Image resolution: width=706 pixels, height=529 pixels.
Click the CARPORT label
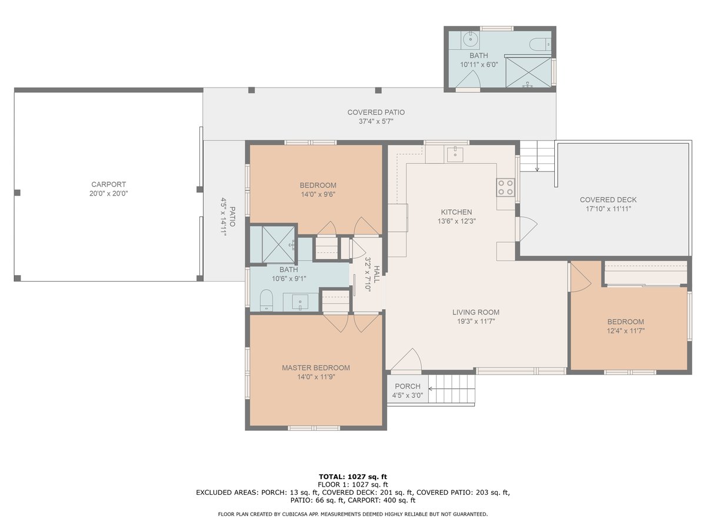109,184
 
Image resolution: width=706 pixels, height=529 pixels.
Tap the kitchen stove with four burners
505,188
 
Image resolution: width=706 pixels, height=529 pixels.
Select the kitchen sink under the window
456,155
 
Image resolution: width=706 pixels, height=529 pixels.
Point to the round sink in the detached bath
470,41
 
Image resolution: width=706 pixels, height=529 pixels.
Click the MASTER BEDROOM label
315,368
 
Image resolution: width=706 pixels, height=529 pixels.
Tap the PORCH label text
407,386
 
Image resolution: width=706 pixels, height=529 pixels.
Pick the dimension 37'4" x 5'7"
376,122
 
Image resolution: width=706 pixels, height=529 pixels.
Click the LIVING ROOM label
476,312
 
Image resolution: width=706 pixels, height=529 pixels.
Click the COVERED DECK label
608,200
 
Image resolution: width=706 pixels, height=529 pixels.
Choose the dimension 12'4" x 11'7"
625,331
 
